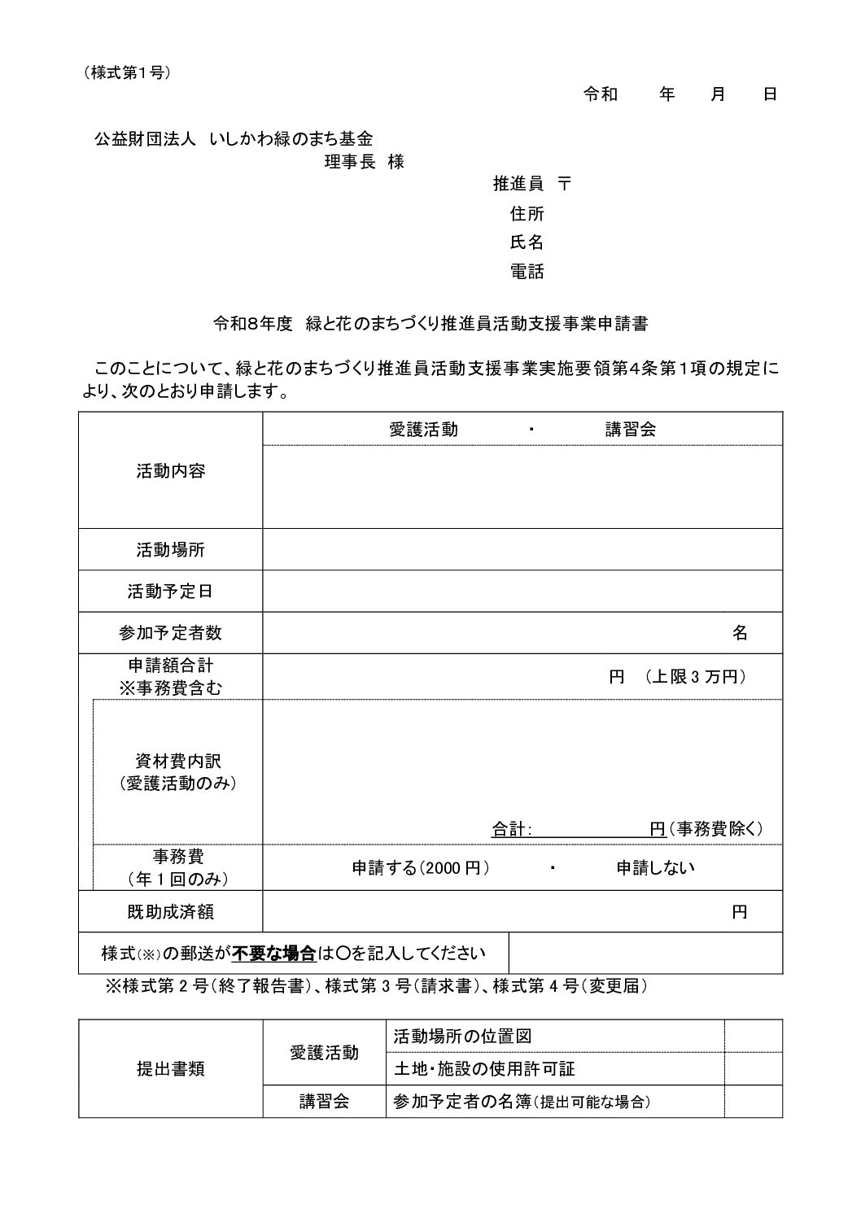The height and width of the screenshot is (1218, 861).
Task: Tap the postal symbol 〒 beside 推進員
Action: pyautogui.click(x=565, y=184)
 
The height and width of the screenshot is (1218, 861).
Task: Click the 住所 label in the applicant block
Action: pyautogui.click(x=527, y=214)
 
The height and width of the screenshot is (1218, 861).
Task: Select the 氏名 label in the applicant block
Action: pyautogui.click(x=527, y=242)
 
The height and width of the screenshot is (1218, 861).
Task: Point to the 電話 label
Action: pyautogui.click(x=527, y=272)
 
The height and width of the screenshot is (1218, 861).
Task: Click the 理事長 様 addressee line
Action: pyautogui.click(x=364, y=162)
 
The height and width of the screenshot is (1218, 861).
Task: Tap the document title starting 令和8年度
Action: pyautogui.click(x=430, y=323)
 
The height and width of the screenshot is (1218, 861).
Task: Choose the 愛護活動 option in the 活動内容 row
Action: pyautogui.click(x=423, y=430)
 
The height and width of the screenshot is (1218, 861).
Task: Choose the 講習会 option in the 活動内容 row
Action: pyautogui.click(x=631, y=430)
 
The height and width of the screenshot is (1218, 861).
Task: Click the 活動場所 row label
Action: pyautogui.click(x=170, y=550)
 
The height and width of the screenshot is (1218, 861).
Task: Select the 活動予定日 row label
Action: pyautogui.click(x=170, y=592)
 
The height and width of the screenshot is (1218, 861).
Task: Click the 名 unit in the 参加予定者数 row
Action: pyautogui.click(x=740, y=633)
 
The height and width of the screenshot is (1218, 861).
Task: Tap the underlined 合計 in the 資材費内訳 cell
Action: pyautogui.click(x=510, y=829)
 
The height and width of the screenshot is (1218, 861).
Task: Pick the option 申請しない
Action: pyautogui.click(x=655, y=867)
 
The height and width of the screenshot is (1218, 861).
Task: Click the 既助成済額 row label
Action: pyautogui.click(x=170, y=912)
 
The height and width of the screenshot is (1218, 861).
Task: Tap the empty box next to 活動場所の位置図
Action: pyautogui.click(x=753, y=1037)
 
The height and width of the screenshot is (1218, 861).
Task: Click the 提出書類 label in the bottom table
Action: pyautogui.click(x=170, y=1069)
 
